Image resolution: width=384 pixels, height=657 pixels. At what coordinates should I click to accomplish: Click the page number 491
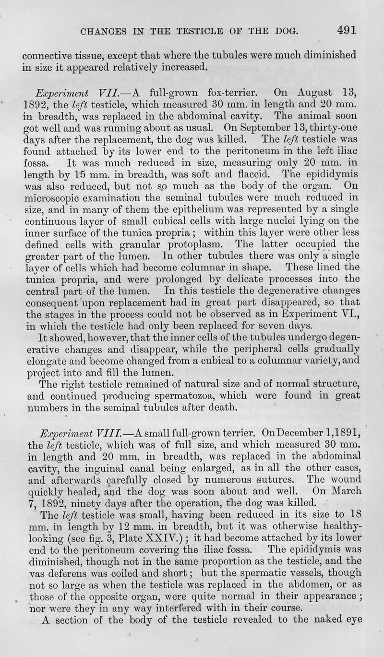click(x=346, y=30)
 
